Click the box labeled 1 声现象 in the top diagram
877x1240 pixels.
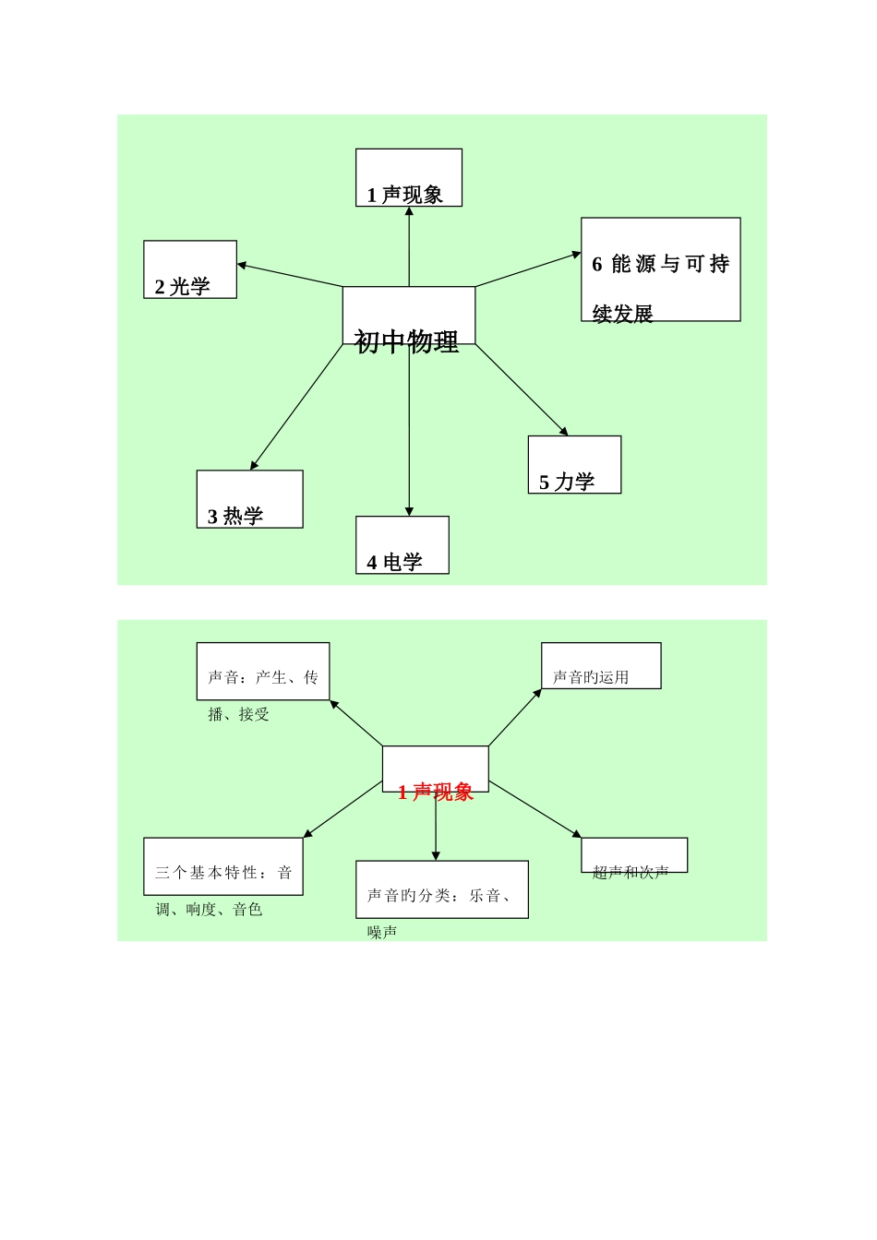point(408,178)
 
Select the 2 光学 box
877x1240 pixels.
point(190,269)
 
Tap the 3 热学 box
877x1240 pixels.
point(249,499)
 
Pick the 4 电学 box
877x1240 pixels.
point(402,545)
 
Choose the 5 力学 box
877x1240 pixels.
point(574,465)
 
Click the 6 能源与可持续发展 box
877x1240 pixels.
point(660,269)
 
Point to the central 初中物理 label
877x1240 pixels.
point(407,341)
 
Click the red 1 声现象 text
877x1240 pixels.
point(436,792)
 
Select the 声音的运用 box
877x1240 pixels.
point(600,666)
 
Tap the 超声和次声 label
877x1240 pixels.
point(631,872)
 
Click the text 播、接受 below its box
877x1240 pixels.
point(239,714)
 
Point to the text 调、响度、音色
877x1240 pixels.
point(210,910)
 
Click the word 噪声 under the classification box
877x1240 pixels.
point(382,933)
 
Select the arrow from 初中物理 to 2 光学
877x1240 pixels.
point(290,275)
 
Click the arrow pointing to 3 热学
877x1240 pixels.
point(295,408)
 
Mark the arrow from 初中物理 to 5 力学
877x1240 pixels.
point(522,389)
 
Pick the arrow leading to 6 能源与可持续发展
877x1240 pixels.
point(528,269)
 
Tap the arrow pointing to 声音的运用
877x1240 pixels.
point(515,717)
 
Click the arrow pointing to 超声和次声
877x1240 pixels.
point(535,809)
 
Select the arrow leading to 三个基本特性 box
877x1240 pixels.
point(342,809)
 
